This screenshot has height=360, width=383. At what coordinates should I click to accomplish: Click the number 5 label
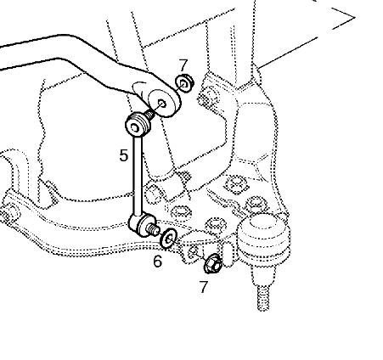click(x=124, y=155)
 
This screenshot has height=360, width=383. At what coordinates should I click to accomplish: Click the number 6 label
click(x=158, y=261)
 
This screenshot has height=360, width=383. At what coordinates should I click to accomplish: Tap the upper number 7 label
click(x=183, y=65)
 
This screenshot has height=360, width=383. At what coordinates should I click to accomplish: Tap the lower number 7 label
click(x=204, y=287)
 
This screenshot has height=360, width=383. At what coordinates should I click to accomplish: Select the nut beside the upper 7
click(x=184, y=82)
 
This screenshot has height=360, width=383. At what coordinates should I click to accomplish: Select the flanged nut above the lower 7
click(x=213, y=263)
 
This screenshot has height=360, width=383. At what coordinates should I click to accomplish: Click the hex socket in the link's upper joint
click(x=136, y=129)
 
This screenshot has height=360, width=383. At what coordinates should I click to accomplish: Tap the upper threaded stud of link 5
click(x=149, y=114)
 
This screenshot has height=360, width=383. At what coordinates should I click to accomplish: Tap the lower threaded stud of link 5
click(x=153, y=228)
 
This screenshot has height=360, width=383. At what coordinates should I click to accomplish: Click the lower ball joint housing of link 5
click(x=142, y=223)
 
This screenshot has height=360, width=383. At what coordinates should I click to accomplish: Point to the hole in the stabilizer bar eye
click(x=162, y=104)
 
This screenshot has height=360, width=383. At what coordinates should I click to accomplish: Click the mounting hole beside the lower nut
click(x=194, y=250)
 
